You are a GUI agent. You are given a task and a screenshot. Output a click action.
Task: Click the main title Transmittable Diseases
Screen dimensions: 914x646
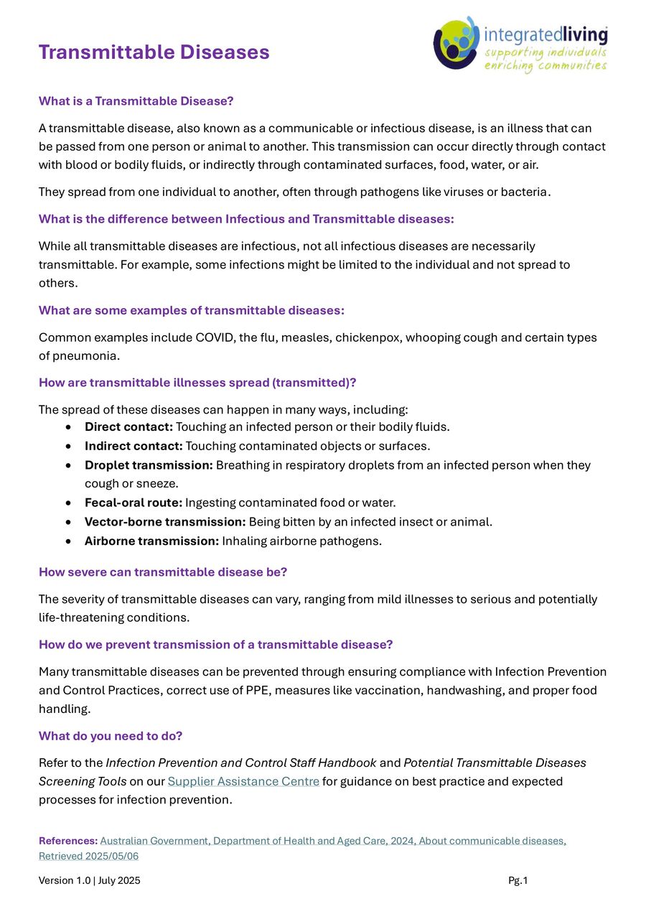click(x=154, y=52)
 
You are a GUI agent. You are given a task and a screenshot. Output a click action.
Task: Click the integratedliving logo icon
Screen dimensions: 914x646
click(x=457, y=44)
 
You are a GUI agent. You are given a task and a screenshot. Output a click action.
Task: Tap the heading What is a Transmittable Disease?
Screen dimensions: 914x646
click(x=136, y=101)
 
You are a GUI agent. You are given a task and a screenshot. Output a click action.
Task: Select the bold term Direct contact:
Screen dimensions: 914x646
click(x=128, y=427)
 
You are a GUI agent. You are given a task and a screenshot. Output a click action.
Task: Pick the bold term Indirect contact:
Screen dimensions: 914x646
click(x=134, y=446)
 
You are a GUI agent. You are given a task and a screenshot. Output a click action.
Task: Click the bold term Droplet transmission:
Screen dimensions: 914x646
click(x=149, y=465)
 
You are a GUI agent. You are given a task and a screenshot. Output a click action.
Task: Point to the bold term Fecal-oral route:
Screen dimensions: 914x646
click(x=134, y=503)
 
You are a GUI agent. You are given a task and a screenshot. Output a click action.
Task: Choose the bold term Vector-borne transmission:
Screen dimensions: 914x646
click(x=165, y=522)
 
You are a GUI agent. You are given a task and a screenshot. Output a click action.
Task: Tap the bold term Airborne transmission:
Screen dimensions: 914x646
click(x=151, y=541)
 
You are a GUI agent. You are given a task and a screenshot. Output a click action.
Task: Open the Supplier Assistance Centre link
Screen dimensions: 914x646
click(x=243, y=781)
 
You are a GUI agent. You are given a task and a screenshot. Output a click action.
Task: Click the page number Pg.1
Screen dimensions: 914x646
click(x=518, y=881)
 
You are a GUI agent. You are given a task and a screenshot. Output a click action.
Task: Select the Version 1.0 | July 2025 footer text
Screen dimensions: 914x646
click(x=89, y=881)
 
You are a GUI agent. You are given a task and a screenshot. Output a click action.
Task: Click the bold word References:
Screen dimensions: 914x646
click(x=68, y=841)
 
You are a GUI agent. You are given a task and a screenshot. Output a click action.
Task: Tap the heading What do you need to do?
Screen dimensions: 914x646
click(x=111, y=736)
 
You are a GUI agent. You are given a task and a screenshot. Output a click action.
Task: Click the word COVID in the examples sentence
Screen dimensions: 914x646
click(x=214, y=337)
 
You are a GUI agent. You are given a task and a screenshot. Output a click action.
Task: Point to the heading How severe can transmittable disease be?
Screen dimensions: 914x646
click(x=162, y=572)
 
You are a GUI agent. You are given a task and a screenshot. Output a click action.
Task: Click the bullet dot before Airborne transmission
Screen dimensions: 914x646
click(x=67, y=541)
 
